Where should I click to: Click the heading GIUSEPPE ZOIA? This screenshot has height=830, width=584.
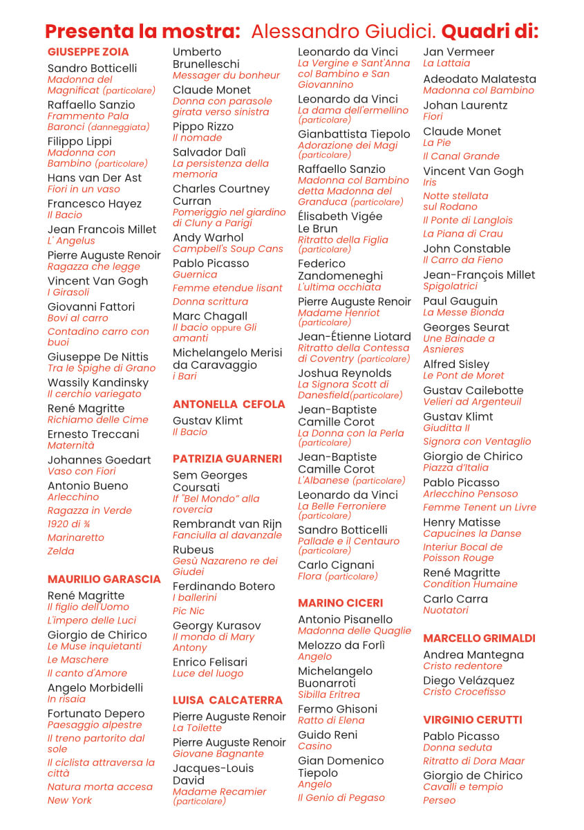pos(88,52)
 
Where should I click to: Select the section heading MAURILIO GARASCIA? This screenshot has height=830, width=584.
pos(104,579)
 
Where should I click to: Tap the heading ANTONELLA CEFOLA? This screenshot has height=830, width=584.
pos(229,404)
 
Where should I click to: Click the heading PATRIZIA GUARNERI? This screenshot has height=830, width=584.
pos(227,459)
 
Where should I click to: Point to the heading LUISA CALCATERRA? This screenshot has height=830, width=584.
pos(227,700)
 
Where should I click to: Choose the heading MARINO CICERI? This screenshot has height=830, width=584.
pos(340,603)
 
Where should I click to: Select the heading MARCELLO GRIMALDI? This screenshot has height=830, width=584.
pos(479,638)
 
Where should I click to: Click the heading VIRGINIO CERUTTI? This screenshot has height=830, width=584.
pos(472,720)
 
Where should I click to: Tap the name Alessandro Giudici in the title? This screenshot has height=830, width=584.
pos(343,32)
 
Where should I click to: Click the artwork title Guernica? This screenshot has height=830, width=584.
pos(196,275)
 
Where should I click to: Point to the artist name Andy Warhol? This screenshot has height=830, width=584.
pos(208,237)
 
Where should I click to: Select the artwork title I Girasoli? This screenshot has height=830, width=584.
pos(68,293)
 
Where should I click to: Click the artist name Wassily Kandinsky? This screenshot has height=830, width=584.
pos(98,382)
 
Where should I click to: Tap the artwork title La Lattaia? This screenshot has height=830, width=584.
pos(446,64)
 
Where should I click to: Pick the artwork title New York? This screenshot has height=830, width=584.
pos(69,800)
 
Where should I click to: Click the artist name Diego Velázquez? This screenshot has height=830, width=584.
pos(469,681)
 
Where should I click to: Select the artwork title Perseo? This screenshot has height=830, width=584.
pos(439,800)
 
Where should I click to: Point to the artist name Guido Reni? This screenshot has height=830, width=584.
pos(328,735)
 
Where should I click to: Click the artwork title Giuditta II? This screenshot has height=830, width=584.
pos(446,428)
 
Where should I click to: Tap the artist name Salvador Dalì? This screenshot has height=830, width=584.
pos(209,152)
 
